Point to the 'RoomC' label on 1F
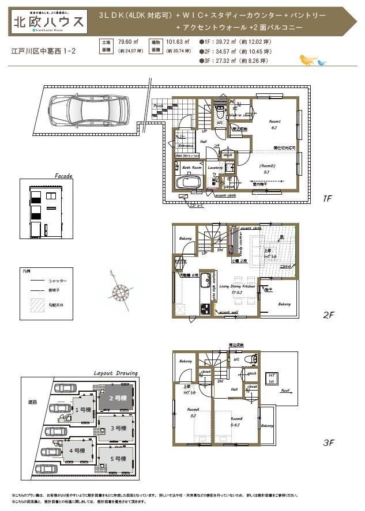point(274,122)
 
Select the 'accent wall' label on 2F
point(229,313)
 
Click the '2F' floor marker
point(328,315)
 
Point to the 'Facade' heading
point(63,176)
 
